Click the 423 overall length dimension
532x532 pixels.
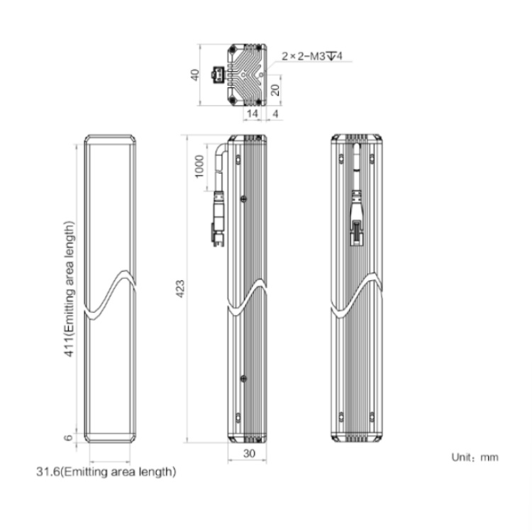pos(180,289)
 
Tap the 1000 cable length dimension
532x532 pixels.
pos(199,166)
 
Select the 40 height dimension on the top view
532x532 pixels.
pos(195,75)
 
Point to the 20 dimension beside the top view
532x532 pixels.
pos(275,90)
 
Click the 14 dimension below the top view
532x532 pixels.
pos(252,113)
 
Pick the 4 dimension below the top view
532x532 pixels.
pos(275,113)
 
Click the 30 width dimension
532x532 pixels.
pos(250,453)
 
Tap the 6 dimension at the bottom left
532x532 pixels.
pos(69,438)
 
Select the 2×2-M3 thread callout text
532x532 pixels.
pos(312,56)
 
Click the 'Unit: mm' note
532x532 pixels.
pos(475,458)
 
